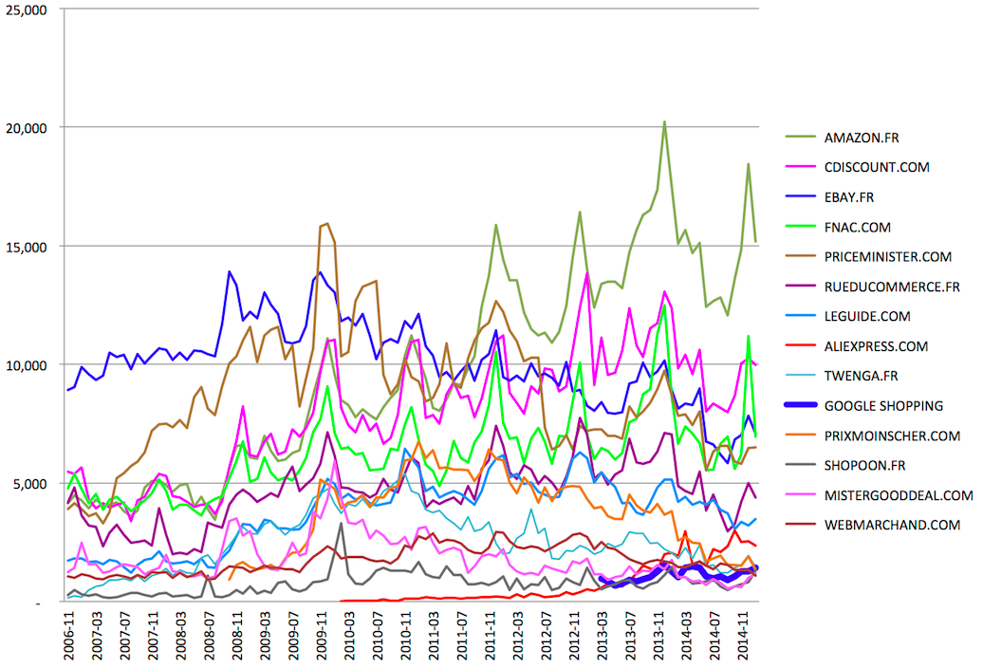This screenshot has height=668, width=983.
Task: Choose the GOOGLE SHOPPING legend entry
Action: (x=883, y=406)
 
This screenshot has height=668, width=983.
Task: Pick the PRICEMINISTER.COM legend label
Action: (x=887, y=257)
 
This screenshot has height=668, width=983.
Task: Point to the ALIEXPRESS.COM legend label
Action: (x=877, y=346)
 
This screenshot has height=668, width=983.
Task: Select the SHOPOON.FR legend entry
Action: (x=865, y=465)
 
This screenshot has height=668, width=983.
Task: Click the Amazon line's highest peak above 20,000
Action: (x=664, y=121)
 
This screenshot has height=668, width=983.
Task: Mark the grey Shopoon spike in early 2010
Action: (x=341, y=523)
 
